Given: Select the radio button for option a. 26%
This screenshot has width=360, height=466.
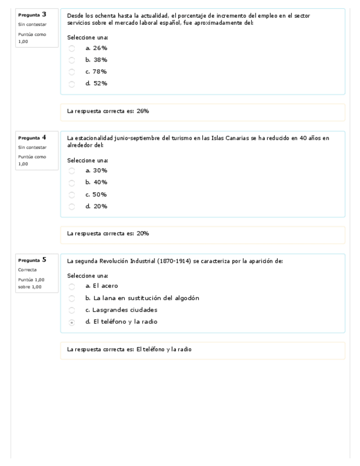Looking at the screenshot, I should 71,48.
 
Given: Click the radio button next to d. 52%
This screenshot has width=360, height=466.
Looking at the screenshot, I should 71,84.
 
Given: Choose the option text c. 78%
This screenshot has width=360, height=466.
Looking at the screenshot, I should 96,72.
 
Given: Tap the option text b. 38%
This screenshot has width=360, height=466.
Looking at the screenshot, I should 96,60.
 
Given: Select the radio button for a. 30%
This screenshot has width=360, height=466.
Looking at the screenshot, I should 71,171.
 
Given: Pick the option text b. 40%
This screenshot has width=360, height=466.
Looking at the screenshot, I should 96,182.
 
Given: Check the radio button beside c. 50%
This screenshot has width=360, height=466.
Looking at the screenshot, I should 71,195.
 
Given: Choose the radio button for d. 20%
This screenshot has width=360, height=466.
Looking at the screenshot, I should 71,207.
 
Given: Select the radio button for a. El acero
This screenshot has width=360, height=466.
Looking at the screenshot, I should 71,286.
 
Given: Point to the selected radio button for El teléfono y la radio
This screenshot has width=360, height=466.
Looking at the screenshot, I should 71,323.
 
